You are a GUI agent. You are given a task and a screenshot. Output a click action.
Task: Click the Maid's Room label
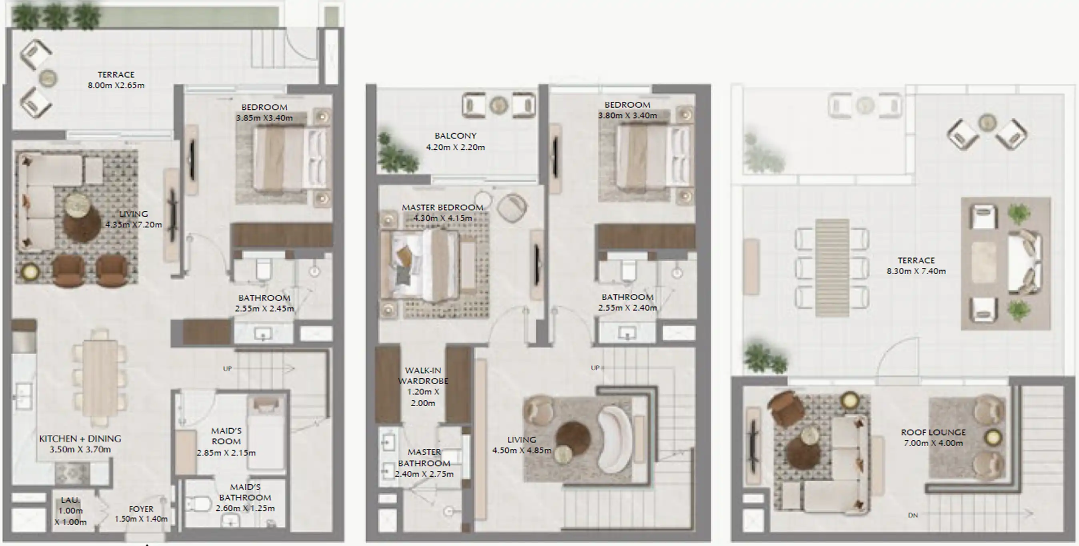[x=226, y=436]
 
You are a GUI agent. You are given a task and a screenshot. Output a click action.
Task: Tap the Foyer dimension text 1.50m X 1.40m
[x=141, y=519]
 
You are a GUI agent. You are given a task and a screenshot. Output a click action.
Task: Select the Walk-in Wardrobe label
[x=422, y=375]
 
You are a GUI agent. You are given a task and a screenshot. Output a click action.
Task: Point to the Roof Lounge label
[x=933, y=432]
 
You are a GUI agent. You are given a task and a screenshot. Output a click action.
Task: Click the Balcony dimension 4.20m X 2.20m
[x=455, y=147]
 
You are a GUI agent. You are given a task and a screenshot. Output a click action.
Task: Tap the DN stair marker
[x=913, y=515]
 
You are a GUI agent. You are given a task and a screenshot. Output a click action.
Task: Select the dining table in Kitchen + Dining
[x=100, y=377]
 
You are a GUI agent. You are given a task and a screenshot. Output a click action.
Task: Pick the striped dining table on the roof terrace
[x=832, y=267]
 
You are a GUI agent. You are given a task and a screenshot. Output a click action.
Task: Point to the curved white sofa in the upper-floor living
[x=614, y=439]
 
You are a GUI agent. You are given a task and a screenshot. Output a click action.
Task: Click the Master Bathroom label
[x=424, y=458]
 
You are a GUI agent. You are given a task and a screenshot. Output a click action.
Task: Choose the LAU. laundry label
[x=70, y=500]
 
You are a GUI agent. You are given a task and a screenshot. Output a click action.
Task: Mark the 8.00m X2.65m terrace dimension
[x=116, y=86]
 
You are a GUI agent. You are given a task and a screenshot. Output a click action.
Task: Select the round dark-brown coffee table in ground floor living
[x=82, y=223]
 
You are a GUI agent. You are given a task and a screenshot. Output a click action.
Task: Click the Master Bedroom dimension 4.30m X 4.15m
[x=442, y=218]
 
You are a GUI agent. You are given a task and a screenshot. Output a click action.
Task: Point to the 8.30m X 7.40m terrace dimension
[x=916, y=271]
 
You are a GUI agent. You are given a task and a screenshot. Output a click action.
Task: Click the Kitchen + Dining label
[x=80, y=439]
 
